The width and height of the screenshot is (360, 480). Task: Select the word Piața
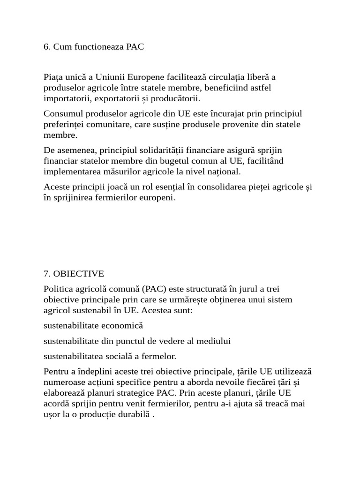click(53, 77)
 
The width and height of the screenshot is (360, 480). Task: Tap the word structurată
click(223, 289)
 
